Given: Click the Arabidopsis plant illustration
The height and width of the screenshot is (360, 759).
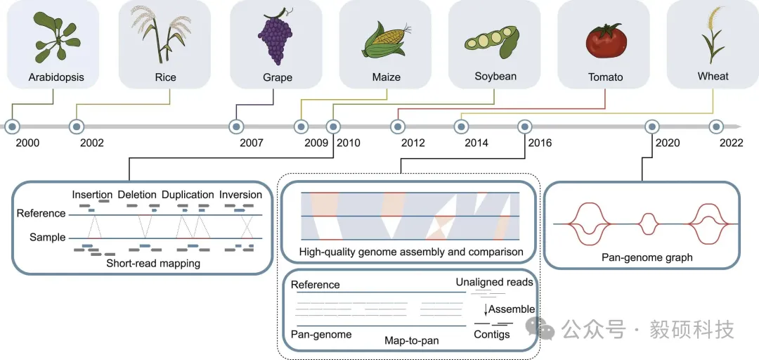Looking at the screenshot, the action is (x=57, y=37).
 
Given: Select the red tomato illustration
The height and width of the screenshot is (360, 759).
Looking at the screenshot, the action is (x=606, y=41).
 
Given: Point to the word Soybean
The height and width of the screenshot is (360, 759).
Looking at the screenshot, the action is (x=495, y=76).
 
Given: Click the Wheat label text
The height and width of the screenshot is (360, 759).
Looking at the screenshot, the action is (x=713, y=76).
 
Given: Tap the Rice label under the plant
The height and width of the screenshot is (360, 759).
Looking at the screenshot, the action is (x=166, y=77).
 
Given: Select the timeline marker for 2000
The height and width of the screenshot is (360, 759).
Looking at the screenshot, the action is (x=12, y=127).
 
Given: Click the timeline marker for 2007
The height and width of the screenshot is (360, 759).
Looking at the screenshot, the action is (x=236, y=127).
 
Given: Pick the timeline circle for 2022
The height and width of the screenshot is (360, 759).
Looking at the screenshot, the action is (x=716, y=127).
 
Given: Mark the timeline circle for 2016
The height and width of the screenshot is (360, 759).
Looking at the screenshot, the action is (x=525, y=127).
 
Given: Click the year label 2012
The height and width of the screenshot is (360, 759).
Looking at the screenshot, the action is (x=413, y=143).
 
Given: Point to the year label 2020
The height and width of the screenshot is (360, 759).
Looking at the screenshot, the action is (x=668, y=143).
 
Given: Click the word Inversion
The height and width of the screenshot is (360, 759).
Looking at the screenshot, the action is (x=240, y=195).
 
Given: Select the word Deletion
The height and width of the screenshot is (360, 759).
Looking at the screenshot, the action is (x=137, y=195).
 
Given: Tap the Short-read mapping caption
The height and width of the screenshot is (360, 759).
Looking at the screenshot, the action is (x=153, y=264).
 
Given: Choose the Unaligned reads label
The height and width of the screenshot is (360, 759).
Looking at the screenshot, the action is (x=494, y=282).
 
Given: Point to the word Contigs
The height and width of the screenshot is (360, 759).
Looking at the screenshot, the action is (x=492, y=334).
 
